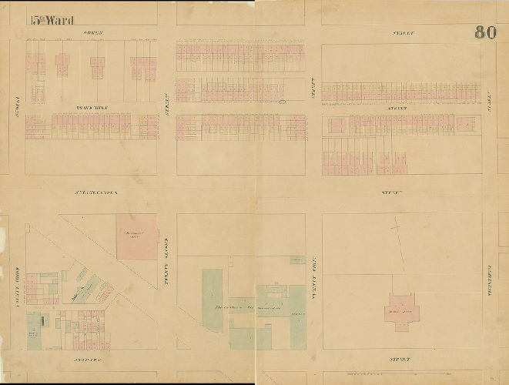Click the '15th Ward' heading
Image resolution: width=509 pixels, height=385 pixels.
point(52,21)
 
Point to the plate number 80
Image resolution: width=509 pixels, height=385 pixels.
point(484,32)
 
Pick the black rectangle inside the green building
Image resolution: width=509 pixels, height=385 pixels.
point(42,319)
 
